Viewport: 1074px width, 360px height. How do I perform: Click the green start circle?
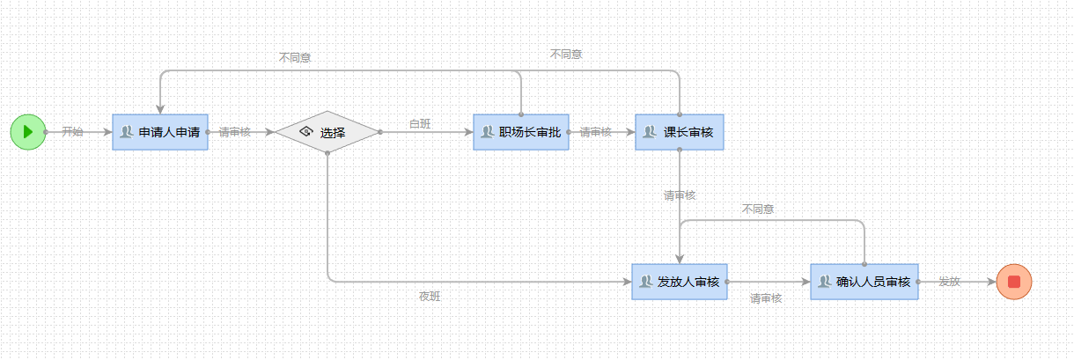28,132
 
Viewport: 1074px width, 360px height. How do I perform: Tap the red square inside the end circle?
1013,282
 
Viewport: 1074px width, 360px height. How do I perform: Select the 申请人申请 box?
160,132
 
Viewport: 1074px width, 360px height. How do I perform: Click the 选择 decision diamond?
327,132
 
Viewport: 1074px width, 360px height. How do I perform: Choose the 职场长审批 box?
521,132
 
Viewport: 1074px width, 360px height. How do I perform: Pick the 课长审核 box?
680,132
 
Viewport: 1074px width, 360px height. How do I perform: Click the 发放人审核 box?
680,282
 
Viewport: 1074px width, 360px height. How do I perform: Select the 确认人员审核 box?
864,282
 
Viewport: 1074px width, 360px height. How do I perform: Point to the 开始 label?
72,132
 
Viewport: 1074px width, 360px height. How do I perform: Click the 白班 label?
420,124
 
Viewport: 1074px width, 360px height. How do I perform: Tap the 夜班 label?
430,298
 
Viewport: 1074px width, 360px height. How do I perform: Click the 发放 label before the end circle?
949,282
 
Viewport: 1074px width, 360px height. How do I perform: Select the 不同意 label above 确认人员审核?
758,209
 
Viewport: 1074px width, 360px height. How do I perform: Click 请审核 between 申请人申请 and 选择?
235,132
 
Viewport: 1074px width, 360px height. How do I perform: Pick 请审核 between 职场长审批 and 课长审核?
596,132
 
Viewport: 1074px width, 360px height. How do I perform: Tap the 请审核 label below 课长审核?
680,195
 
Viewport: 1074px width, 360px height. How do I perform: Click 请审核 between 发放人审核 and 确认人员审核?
766,298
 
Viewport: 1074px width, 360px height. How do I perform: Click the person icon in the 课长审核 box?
650,132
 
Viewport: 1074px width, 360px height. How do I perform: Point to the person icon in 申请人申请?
127,132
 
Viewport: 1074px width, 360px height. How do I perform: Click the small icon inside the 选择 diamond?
306,132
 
